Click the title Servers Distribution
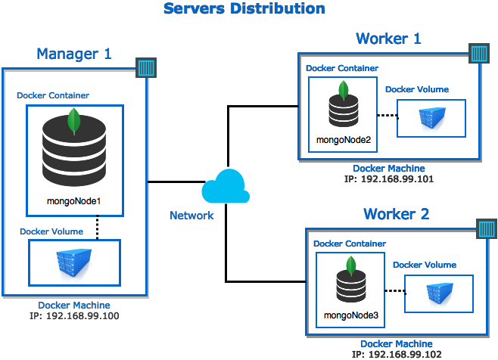[244, 9]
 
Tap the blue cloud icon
[226, 187]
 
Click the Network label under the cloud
[191, 216]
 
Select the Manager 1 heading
[74, 54]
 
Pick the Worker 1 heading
[388, 39]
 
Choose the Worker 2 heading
[396, 214]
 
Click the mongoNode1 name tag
[74, 201]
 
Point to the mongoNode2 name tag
[343, 139]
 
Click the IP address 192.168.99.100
[74, 316]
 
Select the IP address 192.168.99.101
[389, 178]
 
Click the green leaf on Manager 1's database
[74, 120]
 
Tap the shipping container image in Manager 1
[74, 262]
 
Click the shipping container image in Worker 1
[431, 118]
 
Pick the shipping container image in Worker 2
[439, 293]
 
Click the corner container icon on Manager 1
[146, 68]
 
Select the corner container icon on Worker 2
[487, 228]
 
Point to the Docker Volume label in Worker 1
[417, 89]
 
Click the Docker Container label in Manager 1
[53, 95]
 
